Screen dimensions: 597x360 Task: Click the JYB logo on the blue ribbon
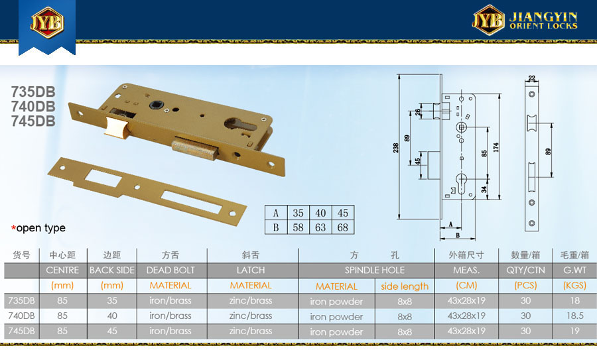(x=47, y=22)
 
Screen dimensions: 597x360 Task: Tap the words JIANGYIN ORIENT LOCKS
(x=543, y=21)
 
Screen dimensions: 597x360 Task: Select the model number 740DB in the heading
(x=33, y=106)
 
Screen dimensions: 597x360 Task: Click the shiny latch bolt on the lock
(x=115, y=127)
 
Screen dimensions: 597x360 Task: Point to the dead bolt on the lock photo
(x=194, y=149)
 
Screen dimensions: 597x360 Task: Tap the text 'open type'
(x=40, y=227)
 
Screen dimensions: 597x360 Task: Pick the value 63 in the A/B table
(x=320, y=227)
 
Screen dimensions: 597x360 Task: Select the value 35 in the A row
(x=298, y=213)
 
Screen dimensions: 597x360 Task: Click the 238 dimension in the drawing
(x=395, y=147)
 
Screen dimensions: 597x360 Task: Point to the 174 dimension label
(x=496, y=147)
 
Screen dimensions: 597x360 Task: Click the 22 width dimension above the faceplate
(x=532, y=78)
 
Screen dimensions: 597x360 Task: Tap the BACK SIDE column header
(x=112, y=270)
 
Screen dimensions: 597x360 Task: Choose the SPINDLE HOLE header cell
(x=375, y=270)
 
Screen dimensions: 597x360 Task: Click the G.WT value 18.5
(x=575, y=316)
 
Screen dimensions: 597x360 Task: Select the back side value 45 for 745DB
(x=112, y=331)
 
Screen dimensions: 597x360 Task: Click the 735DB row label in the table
(x=21, y=300)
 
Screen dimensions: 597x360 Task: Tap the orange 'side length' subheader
(x=405, y=286)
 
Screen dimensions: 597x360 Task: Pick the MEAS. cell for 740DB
(x=466, y=316)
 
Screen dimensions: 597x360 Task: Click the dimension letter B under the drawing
(x=458, y=235)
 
